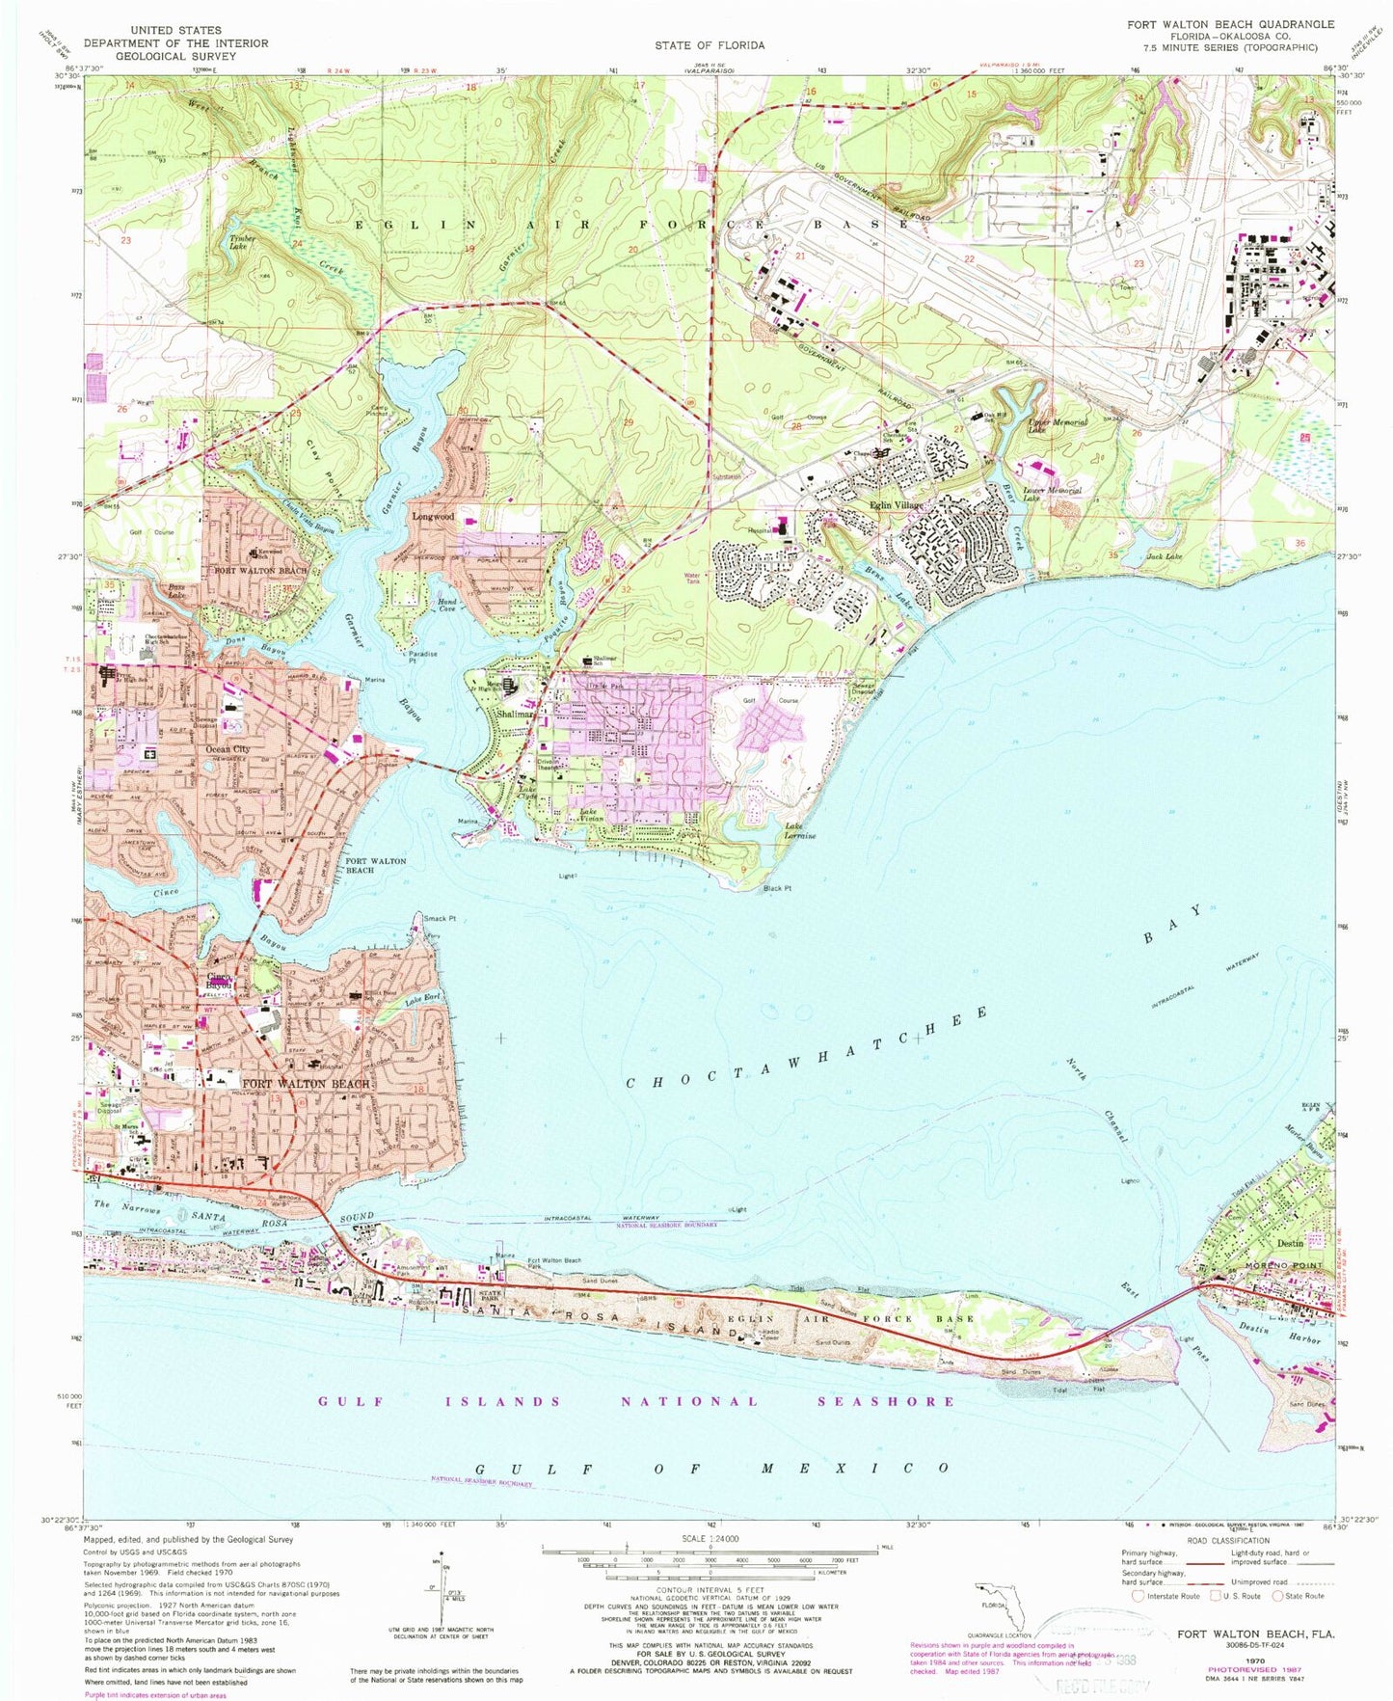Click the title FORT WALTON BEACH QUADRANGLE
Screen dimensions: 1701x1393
click(x=1231, y=24)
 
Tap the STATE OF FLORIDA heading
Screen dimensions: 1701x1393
click(x=709, y=45)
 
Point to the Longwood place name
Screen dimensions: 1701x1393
click(x=433, y=517)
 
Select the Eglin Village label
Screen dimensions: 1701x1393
click(x=897, y=504)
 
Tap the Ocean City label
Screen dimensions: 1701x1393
click(x=228, y=749)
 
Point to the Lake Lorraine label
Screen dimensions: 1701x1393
click(x=800, y=831)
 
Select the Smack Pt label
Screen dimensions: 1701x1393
click(x=439, y=919)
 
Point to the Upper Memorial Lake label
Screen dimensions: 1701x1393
click(x=1058, y=425)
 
